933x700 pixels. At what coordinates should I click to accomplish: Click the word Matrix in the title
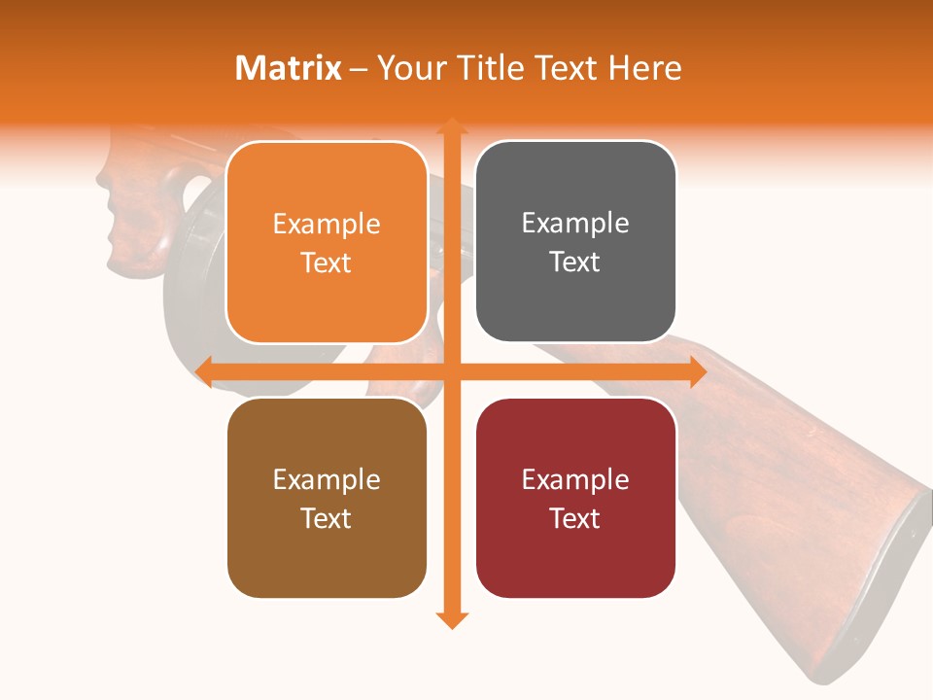pos(289,68)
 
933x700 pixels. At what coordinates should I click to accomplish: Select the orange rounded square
pos(327,242)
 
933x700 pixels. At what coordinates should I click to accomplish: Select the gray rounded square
pos(575,241)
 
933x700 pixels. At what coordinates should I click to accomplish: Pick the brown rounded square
pos(327,498)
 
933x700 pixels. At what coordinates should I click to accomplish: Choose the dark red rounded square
pos(575,498)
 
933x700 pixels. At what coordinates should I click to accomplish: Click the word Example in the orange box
pos(327,225)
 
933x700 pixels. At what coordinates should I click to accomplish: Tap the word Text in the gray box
pos(575,262)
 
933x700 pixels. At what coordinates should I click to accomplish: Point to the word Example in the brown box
pos(327,480)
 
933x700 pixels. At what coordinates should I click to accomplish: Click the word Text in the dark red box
pos(575,518)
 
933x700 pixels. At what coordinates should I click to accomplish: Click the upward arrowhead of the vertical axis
pos(451,125)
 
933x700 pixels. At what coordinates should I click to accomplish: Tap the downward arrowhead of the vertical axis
pos(451,619)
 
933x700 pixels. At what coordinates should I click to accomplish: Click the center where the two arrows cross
pos(451,370)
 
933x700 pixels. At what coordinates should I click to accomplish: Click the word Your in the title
pos(411,68)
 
